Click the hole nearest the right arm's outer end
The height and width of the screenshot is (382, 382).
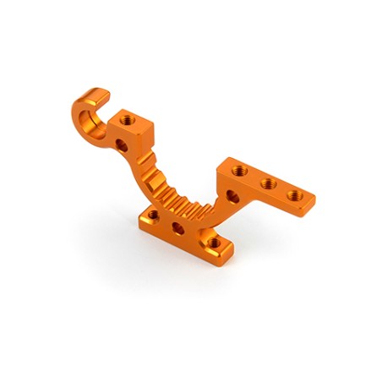click(x=294, y=195)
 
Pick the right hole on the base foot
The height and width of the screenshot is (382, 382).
click(x=218, y=245)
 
